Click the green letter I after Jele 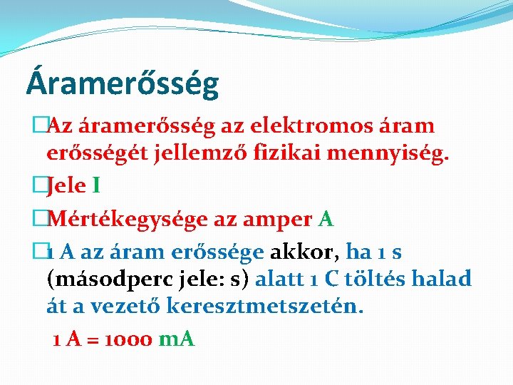tap(96, 186)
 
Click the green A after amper tap(326, 218)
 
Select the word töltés tap(373, 279)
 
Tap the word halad tap(445, 279)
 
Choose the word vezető tap(133, 307)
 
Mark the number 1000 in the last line tap(128, 339)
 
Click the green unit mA tap(176, 339)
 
